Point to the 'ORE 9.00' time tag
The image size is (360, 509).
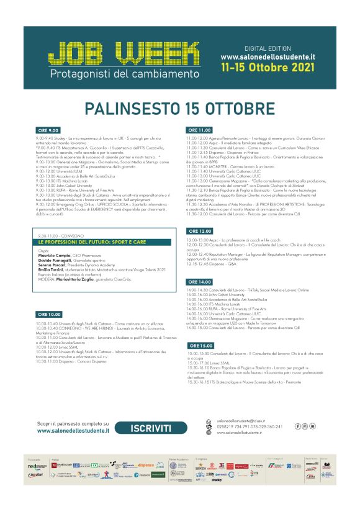click(48, 130)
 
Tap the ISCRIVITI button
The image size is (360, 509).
click(151, 428)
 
